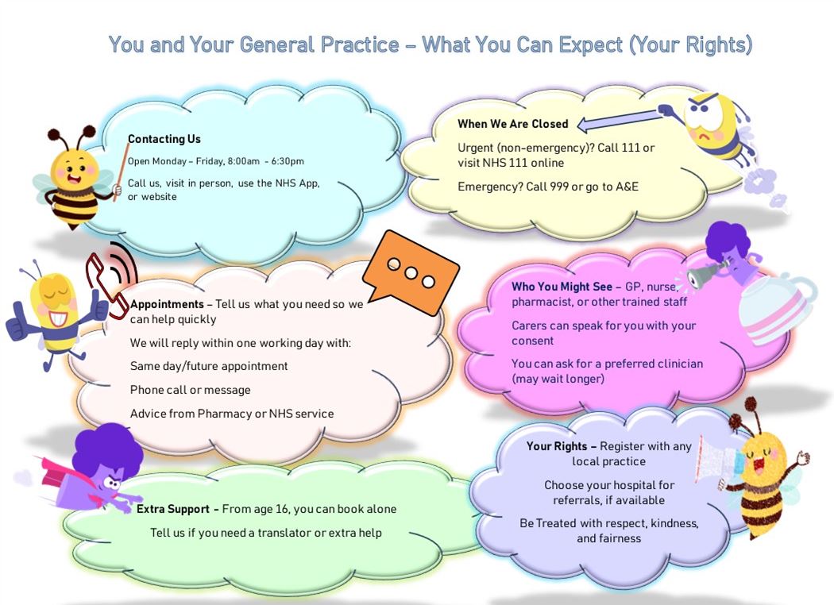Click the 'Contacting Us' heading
click(164, 139)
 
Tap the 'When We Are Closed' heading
click(512, 124)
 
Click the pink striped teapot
click(775, 306)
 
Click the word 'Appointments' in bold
click(167, 304)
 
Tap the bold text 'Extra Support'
click(177, 509)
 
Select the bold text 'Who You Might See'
click(562, 287)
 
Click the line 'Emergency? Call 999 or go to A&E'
click(547, 187)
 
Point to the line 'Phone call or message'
click(190, 390)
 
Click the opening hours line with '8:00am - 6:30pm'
click(215, 161)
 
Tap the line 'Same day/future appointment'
click(209, 366)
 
